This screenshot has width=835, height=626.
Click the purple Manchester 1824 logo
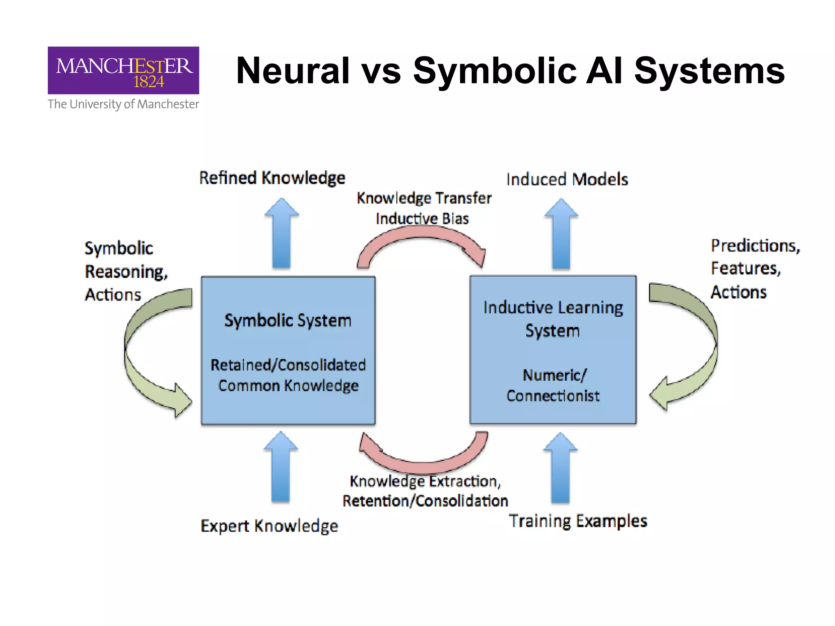tap(123, 71)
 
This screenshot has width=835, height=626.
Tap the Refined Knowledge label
tap(272, 178)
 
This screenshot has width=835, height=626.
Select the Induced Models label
tap(567, 179)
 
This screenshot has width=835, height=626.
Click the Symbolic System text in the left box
tap(287, 321)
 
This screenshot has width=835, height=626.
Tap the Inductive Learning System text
tap(553, 319)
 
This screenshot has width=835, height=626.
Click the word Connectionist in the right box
tap(553, 396)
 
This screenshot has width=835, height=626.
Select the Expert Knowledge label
tap(269, 526)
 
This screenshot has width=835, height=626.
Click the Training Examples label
tap(578, 521)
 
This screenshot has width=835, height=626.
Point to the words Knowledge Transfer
tap(424, 198)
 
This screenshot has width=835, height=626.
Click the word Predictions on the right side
tap(755, 246)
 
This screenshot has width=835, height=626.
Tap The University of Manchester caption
tap(123, 104)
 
